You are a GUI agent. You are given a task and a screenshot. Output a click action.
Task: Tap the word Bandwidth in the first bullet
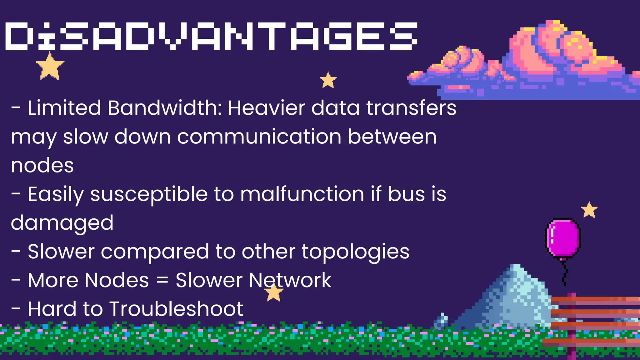164,108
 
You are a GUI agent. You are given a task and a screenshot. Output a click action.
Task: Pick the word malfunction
302,194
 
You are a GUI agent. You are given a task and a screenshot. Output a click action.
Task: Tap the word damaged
62,223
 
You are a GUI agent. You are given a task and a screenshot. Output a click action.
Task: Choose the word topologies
355,252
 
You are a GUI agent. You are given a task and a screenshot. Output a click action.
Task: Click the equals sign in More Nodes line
162,280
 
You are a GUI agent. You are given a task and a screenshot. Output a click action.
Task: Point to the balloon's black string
564,273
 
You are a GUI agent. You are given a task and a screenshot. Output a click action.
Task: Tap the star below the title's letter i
50,66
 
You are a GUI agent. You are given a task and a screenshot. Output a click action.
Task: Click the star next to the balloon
589,210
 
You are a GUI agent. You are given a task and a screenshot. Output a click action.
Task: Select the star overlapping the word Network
274,293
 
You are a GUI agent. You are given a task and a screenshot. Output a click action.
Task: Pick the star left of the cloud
328,80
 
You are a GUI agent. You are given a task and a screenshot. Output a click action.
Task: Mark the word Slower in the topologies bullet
61,252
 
